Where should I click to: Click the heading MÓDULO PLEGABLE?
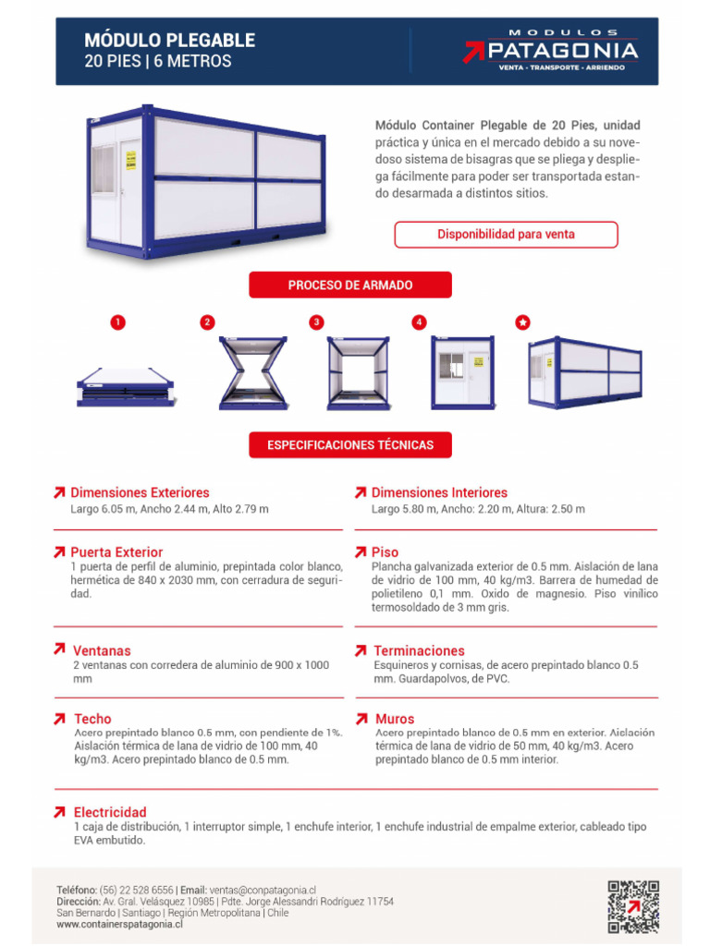click(x=169, y=41)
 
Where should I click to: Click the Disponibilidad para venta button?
click(x=506, y=235)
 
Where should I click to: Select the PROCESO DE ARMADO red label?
click(x=350, y=285)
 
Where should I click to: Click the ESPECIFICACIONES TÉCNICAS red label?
click(x=350, y=445)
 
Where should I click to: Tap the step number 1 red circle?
click(x=117, y=322)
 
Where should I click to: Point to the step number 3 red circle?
click(x=317, y=322)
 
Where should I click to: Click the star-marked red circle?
click(x=522, y=322)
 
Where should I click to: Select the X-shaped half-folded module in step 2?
click(x=252, y=372)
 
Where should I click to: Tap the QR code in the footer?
click(x=633, y=905)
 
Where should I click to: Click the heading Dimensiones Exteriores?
click(x=140, y=492)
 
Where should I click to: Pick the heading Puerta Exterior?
click(x=116, y=552)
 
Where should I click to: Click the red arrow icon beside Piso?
click(x=361, y=552)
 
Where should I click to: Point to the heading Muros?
click(x=394, y=719)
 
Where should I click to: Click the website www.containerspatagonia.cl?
click(x=119, y=923)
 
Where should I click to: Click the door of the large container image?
click(x=130, y=192)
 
